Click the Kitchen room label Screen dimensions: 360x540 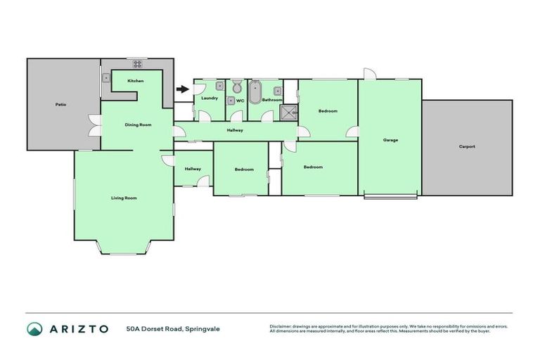(x=136, y=82)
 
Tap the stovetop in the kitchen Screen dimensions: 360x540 (x=138, y=64)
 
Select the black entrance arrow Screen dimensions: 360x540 (x=183, y=89)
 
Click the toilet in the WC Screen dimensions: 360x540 (x=237, y=87)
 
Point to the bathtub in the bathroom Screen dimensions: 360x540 (x=255, y=91)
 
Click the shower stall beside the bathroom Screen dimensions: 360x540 (x=288, y=112)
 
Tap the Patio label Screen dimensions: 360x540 (x=61, y=105)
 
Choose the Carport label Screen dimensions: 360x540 (x=467, y=147)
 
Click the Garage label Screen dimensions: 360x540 (x=390, y=140)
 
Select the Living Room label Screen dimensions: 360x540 (x=124, y=198)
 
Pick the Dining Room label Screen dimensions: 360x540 (x=139, y=125)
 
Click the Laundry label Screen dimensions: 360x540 (x=209, y=99)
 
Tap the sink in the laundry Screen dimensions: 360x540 (x=220, y=86)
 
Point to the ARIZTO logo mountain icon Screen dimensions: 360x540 (x=34, y=328)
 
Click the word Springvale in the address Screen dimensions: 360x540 (x=203, y=328)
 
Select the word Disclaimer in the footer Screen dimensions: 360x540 (x=283, y=326)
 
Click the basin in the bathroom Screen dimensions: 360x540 (x=278, y=90)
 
